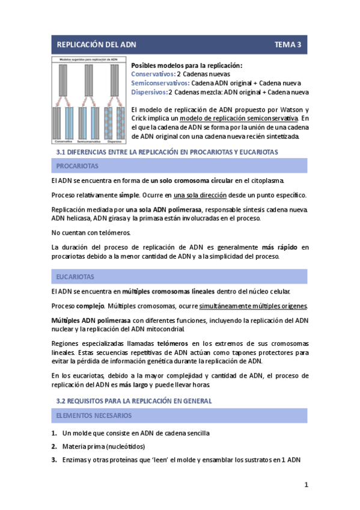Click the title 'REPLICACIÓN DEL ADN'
[97, 45]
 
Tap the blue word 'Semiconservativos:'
[160, 83]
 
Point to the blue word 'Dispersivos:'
[149, 92]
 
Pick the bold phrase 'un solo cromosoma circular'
[191, 180]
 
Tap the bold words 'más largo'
[133, 384]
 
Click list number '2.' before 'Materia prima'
[54, 446]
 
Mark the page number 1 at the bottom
[306, 485]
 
